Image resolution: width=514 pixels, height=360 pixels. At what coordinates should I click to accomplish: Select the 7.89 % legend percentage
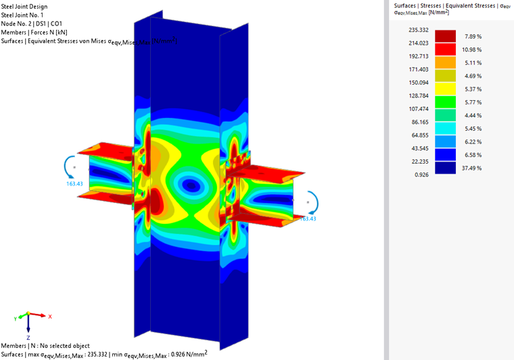coord(471,36)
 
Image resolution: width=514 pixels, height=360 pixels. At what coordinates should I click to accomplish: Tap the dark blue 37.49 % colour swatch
coord(444,167)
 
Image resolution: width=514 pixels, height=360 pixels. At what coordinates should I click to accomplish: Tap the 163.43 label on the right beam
coord(307,219)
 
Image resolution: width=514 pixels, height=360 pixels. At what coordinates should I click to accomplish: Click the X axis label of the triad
coord(50,316)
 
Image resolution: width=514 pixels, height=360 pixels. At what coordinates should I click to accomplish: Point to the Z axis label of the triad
coord(28,336)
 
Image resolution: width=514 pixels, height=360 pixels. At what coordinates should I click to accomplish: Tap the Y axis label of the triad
coord(15,317)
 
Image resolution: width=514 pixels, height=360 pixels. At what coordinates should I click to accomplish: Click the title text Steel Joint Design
coord(24,6)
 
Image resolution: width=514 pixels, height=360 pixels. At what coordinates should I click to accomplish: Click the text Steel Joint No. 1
coord(25,15)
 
